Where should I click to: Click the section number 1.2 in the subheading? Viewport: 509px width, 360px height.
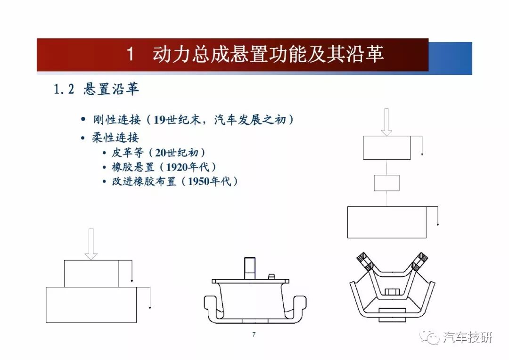64,89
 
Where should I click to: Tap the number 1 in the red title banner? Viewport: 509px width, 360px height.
130,54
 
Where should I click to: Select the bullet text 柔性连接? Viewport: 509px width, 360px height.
115,138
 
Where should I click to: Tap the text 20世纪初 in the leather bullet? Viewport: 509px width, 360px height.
176,153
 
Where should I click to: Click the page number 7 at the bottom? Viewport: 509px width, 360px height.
254,335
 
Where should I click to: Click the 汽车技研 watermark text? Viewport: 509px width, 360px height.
468,337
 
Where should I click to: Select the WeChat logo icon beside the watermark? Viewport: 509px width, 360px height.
429,337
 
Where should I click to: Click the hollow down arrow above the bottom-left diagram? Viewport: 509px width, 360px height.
91,244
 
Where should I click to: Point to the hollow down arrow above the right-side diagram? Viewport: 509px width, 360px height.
386,122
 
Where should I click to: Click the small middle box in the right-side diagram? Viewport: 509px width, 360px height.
386,183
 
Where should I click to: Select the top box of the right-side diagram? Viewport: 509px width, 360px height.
386,147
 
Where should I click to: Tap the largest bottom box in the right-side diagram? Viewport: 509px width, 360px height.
386,222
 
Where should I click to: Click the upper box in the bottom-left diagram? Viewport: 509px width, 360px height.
91,274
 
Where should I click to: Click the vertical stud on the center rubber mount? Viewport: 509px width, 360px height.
250,268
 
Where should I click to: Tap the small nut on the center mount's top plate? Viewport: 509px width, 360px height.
271,276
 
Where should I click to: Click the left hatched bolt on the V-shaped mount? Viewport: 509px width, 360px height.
365,262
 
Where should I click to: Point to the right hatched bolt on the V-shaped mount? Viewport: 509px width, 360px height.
419,262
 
